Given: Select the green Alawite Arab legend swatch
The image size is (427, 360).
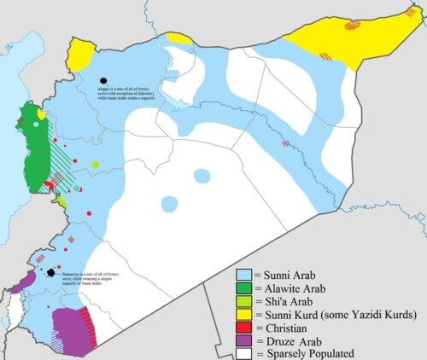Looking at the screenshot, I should tap(244, 288).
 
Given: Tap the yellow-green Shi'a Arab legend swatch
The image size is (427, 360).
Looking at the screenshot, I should tap(244, 300).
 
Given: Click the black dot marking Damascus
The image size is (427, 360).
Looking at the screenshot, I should tap(52, 274).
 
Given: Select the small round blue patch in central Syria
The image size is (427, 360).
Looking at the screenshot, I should tap(202, 176).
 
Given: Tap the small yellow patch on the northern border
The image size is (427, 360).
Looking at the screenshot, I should tap(180, 38).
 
